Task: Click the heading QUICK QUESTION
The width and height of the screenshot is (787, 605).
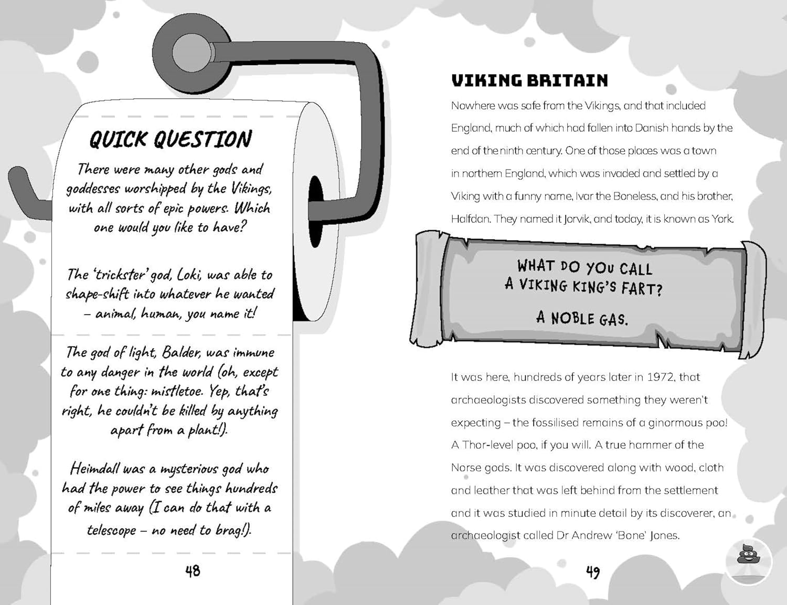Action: point(171,139)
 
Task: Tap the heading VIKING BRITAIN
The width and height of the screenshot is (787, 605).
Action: point(529,80)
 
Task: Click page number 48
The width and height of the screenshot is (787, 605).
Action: point(193,571)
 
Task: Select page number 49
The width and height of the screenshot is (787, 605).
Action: point(593,572)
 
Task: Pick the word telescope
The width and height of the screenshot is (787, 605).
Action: point(112,530)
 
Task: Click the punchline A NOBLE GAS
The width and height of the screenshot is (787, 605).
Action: point(582,318)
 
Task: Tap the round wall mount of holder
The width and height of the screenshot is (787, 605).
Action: point(191,51)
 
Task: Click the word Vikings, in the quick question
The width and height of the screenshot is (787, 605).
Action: point(251,189)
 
